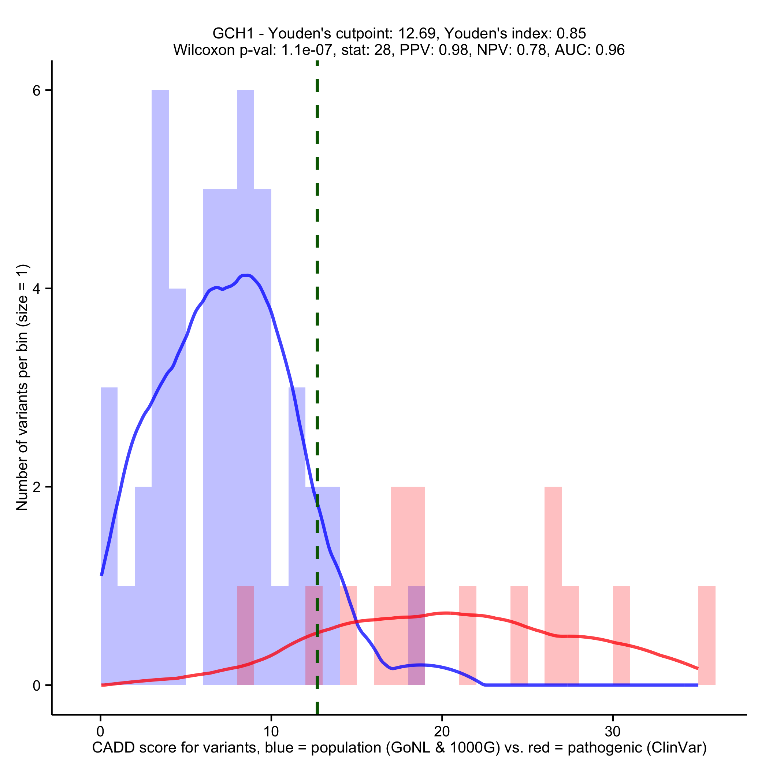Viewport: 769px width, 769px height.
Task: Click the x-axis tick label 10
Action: (271, 732)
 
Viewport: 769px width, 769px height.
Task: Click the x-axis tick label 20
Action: (442, 732)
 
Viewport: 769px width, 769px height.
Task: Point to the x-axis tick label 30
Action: (613, 732)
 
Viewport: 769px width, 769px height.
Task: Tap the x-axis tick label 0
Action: (100, 732)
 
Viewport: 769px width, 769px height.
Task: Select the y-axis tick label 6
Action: (37, 91)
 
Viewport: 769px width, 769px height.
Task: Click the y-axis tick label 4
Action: (37, 289)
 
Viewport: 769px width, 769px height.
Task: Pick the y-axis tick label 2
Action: (37, 487)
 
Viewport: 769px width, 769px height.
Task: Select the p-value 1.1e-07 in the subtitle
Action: (307, 50)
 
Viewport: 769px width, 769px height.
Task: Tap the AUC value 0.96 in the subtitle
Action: (610, 50)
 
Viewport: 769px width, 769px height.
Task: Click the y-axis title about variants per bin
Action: (22, 387)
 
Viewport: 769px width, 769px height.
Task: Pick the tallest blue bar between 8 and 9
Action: (246, 319)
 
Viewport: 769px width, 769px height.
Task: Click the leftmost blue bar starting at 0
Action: (109, 517)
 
